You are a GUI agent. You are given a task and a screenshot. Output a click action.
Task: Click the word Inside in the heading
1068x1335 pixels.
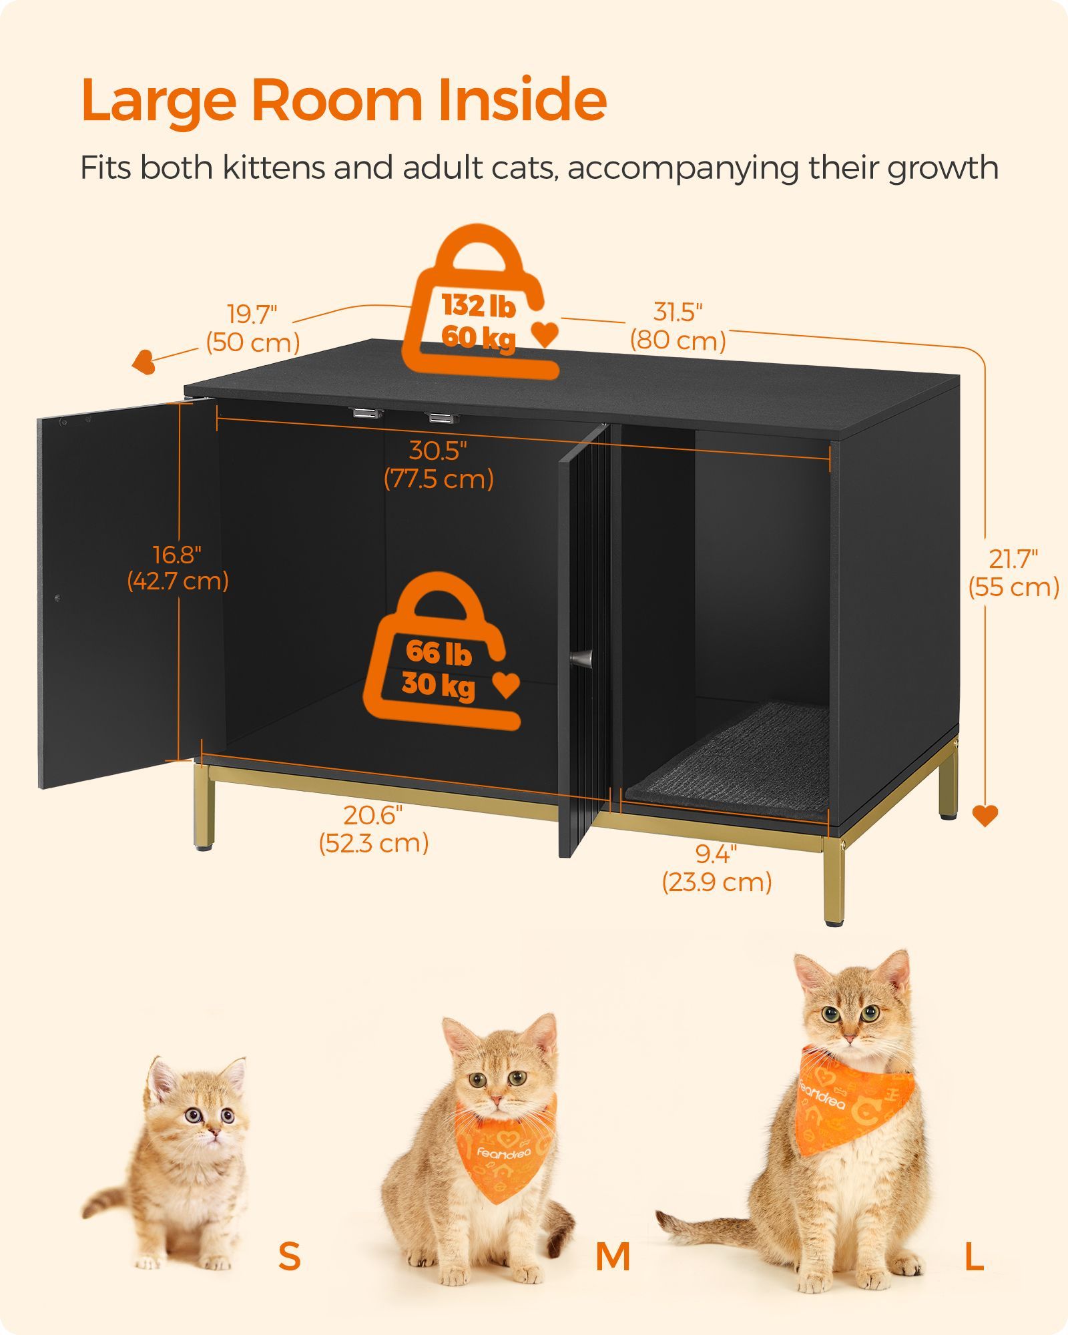522,100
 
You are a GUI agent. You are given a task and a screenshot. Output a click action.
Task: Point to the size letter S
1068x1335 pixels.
289,1256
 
